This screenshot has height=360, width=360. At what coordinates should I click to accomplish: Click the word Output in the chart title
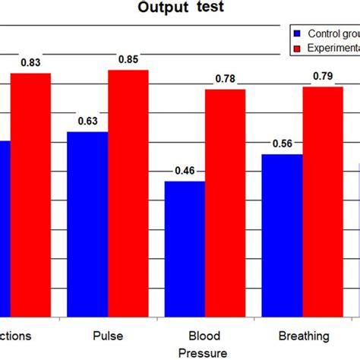[x=163, y=8]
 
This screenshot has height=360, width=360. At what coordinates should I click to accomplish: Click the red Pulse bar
[x=128, y=193]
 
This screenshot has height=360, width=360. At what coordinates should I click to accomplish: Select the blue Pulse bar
[x=87, y=224]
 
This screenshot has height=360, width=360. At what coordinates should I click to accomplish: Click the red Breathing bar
[x=323, y=201]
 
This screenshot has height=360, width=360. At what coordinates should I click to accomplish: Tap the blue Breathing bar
[x=282, y=235]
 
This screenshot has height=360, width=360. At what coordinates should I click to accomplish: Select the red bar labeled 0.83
[x=30, y=194]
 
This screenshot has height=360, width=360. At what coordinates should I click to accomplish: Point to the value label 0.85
[x=128, y=60]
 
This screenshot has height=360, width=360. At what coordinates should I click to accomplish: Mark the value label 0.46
[x=185, y=171]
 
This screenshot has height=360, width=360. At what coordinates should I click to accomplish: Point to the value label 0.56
[x=282, y=144]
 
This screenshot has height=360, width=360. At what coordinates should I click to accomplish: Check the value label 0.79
[x=323, y=77]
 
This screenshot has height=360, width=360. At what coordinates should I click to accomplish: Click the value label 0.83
[x=30, y=63]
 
